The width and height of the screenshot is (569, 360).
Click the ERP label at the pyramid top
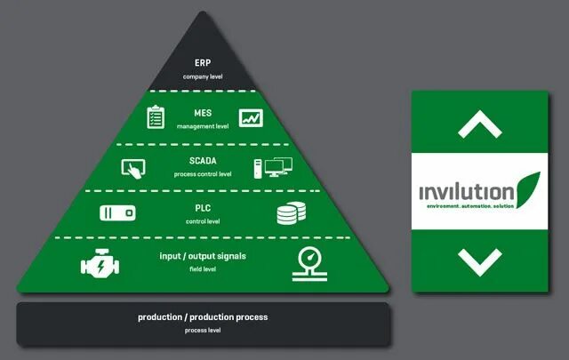203,63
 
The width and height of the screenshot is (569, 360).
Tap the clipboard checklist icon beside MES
156,116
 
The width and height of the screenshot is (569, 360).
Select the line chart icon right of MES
250,116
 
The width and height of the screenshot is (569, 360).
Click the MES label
203,113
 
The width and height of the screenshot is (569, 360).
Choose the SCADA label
203,161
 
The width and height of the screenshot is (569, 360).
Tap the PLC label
203,208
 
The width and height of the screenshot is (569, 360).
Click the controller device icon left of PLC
117,213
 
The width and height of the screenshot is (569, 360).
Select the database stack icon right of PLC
290,214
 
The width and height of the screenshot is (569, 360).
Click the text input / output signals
203,256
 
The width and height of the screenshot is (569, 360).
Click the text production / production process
203,317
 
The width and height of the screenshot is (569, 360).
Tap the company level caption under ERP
203,77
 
